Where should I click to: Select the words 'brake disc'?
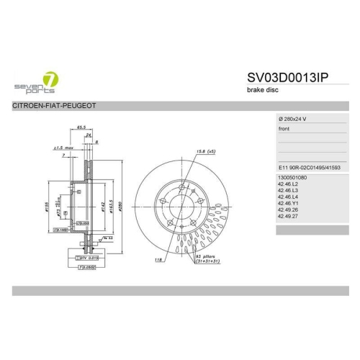click(x=260, y=90)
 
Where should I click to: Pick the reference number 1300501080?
click(x=292, y=177)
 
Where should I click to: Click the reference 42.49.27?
click(x=287, y=215)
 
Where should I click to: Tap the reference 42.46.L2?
click(x=287, y=184)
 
